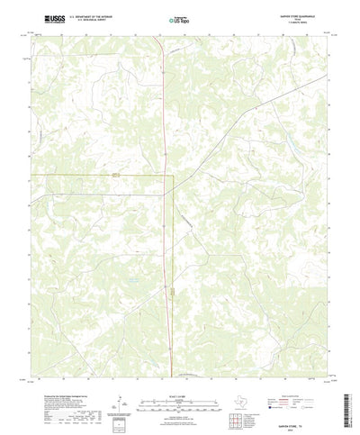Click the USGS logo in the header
pos(40,18)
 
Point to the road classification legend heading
pos(293,368)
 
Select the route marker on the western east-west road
pos(115,175)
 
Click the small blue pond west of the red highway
pos(132,280)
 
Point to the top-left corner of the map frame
pos(31,36)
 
